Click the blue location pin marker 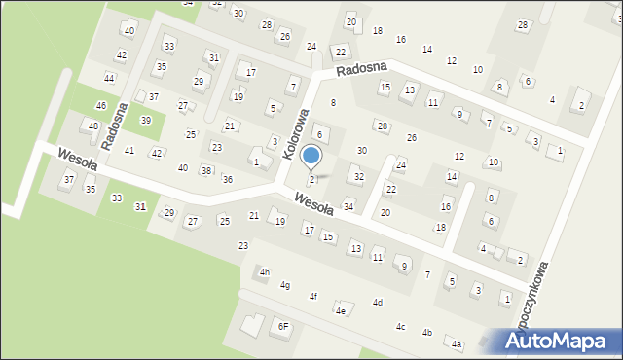pyautogui.click(x=311, y=156)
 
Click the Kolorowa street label pyautogui.click(x=296, y=134)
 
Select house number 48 pyautogui.click(x=93, y=126)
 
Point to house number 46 pyautogui.click(x=100, y=105)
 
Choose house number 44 pyautogui.click(x=109, y=78)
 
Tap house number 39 pyautogui.click(x=145, y=120)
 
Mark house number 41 pyautogui.click(x=128, y=151)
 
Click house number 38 pyautogui.click(x=205, y=170)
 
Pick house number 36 pyautogui.click(x=227, y=179)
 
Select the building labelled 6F pyautogui.click(x=283, y=326)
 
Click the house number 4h pyautogui.click(x=263, y=271)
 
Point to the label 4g pyautogui.click(x=285, y=285)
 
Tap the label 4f pyautogui.click(x=312, y=296)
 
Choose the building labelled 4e pyautogui.click(x=340, y=310)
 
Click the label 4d pyautogui.click(x=377, y=303)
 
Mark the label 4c pyautogui.click(x=400, y=326)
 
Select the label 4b pyautogui.click(x=426, y=333)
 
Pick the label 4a pyautogui.click(x=456, y=343)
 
